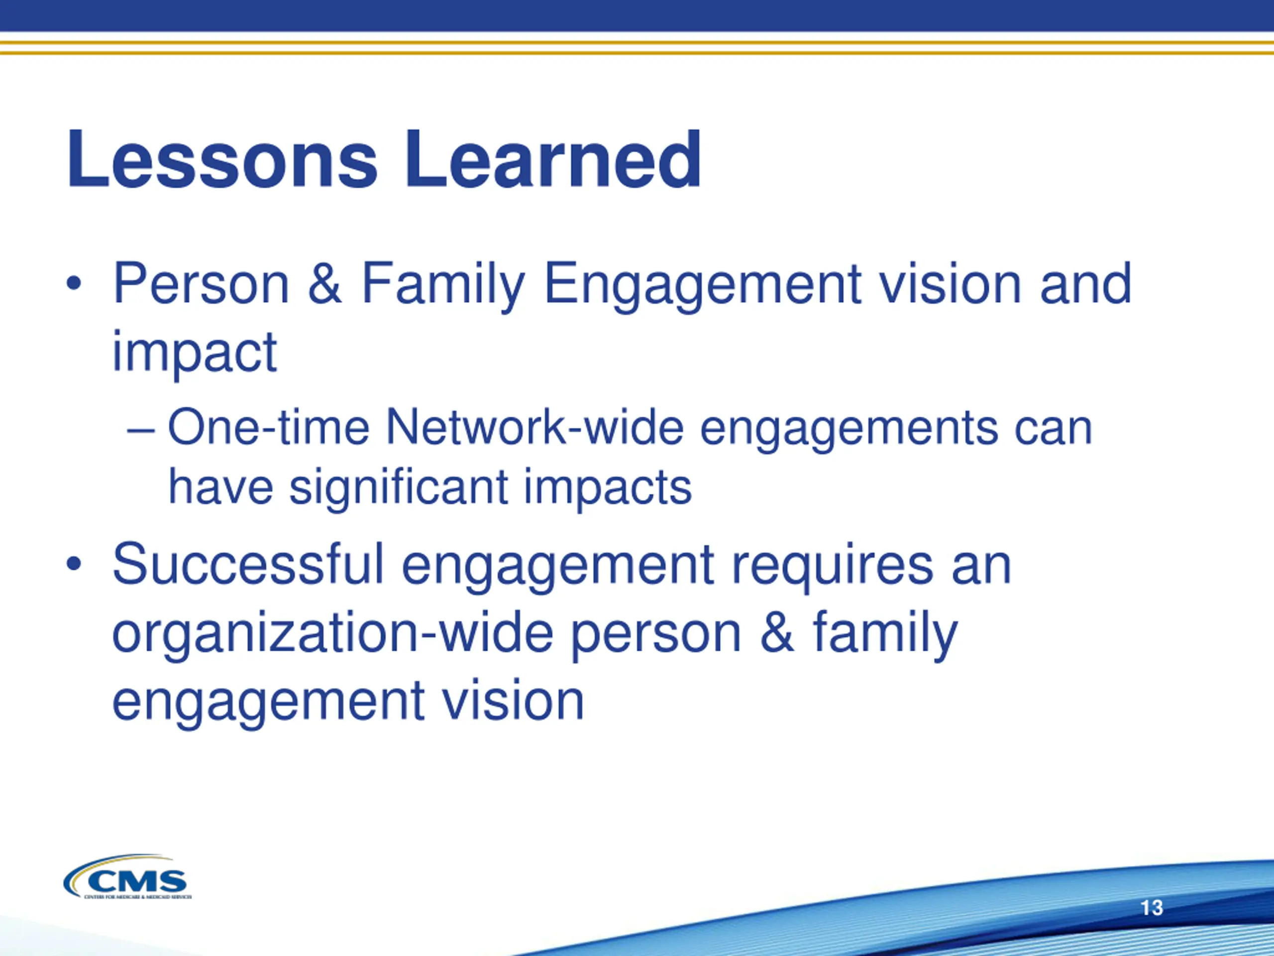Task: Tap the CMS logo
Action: (127, 876)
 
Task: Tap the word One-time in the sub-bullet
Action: (268, 428)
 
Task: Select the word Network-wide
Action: (534, 428)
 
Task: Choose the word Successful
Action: (248, 564)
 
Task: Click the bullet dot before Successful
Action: (73, 564)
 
